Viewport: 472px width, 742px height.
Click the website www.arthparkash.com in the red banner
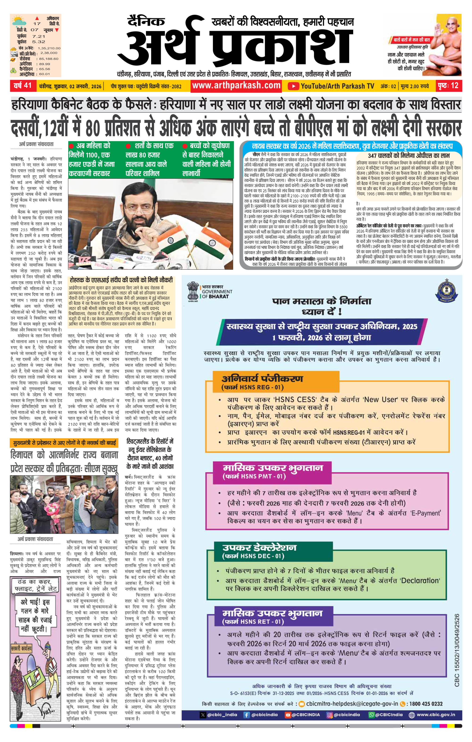click(236, 85)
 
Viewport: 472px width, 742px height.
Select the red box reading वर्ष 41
click(23, 86)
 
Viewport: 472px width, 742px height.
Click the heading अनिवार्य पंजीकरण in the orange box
click(262, 379)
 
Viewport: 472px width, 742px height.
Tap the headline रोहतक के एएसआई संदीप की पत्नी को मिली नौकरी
click(121, 280)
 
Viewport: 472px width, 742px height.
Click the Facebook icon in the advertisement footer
click(246, 715)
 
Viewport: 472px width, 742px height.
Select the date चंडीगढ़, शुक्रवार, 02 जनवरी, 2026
click(70, 86)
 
